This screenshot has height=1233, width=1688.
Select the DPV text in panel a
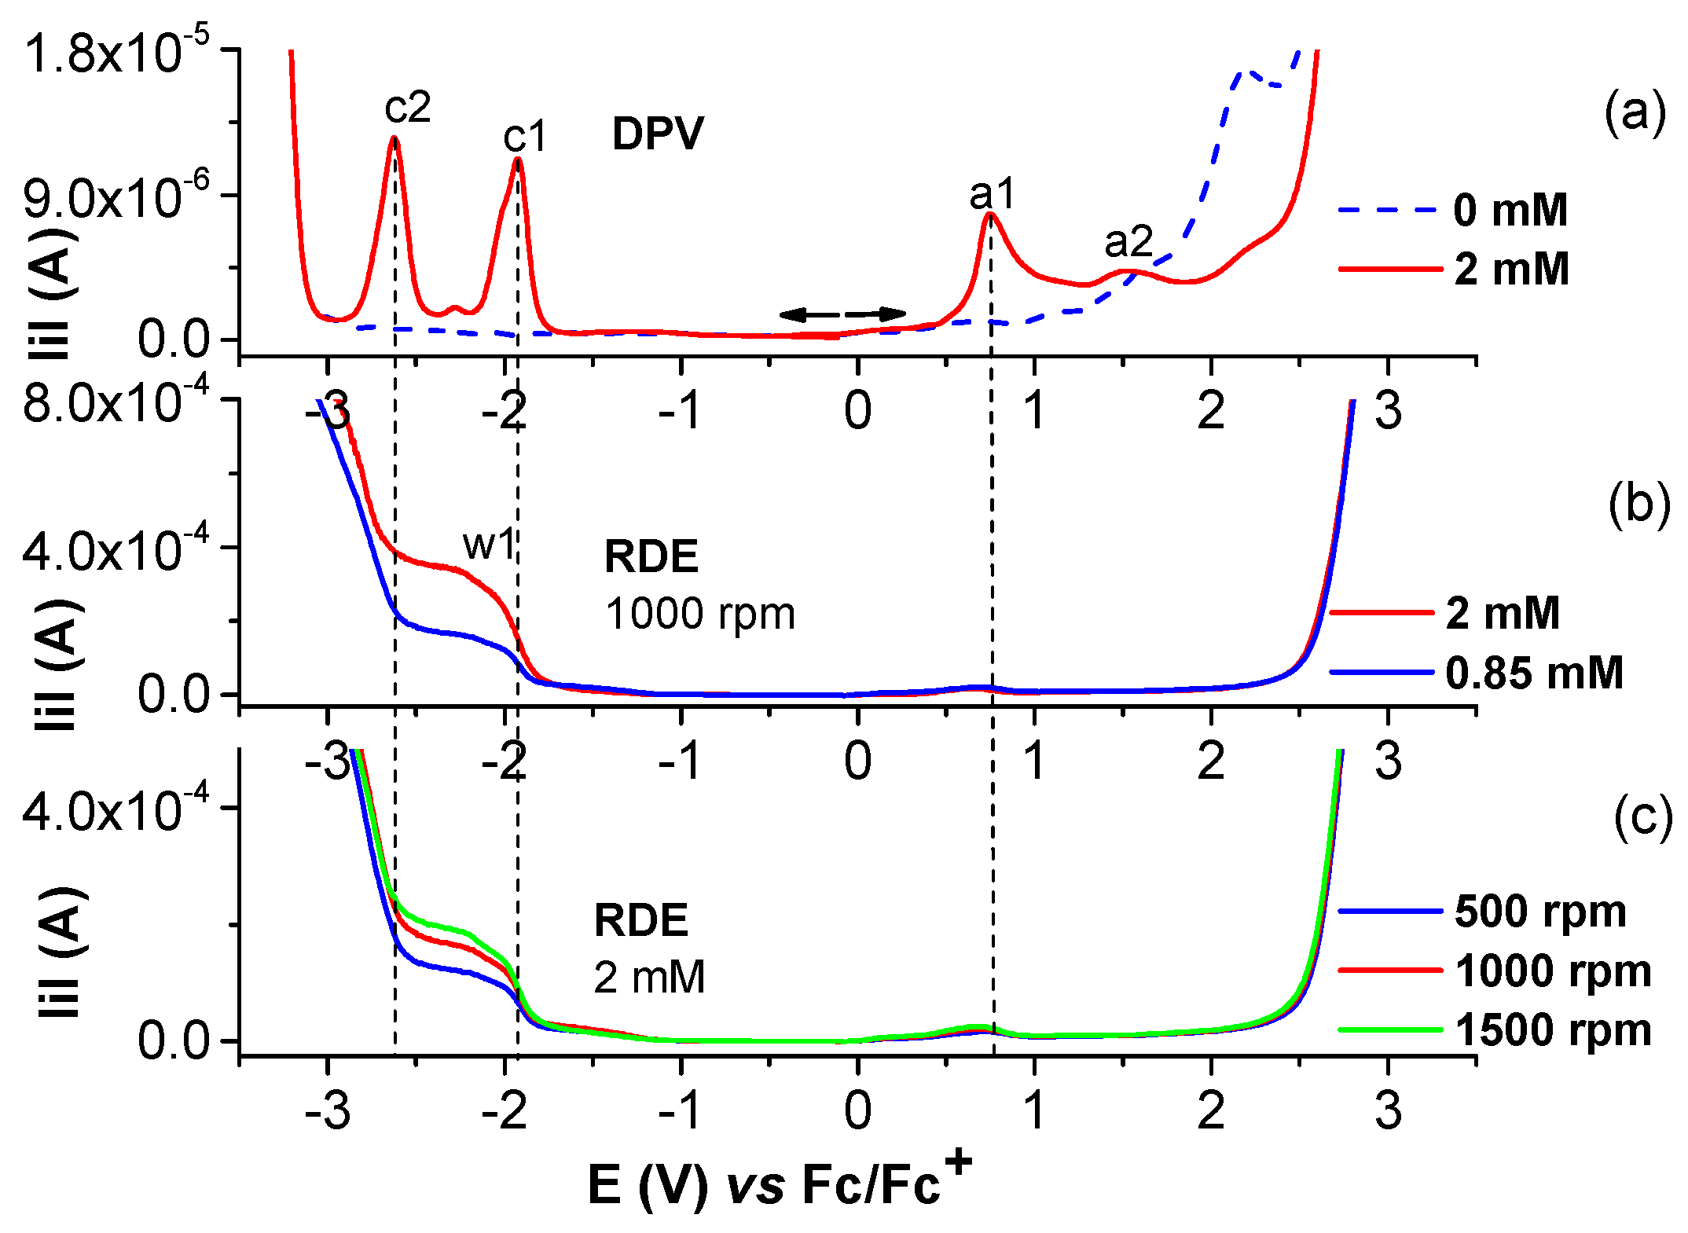point(658,134)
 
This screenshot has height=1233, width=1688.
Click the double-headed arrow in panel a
point(842,314)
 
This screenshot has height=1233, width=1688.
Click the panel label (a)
point(1635,112)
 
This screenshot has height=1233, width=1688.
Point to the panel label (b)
point(1638,503)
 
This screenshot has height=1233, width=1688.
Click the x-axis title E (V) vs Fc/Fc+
point(779,1183)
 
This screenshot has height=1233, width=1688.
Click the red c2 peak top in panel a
point(394,138)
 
